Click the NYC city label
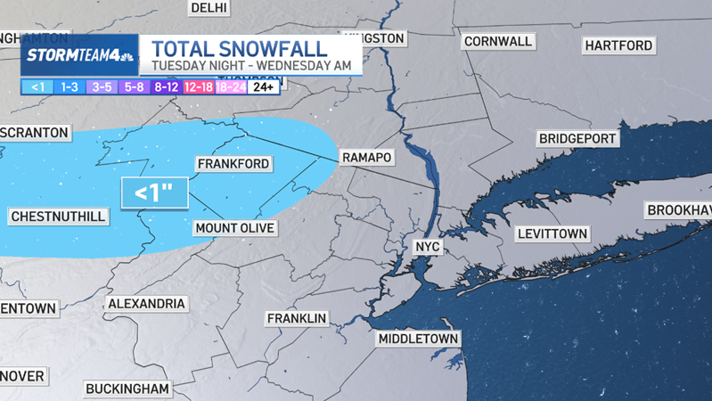pyautogui.click(x=428, y=246)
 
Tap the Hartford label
pyautogui.click(x=618, y=45)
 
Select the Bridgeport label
pyautogui.click(x=577, y=139)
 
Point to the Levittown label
pyautogui.click(x=552, y=233)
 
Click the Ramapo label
pyautogui.click(x=366, y=158)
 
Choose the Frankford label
pyautogui.click(x=233, y=164)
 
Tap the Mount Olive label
pyautogui.click(x=234, y=228)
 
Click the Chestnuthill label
pyautogui.click(x=58, y=217)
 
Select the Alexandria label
pyautogui.click(x=146, y=304)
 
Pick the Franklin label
pyautogui.click(x=298, y=318)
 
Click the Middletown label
pyautogui.click(x=418, y=339)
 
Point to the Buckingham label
pyautogui.click(x=127, y=389)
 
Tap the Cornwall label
pyautogui.click(x=497, y=41)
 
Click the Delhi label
pyautogui.click(x=209, y=8)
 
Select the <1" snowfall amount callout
pyautogui.click(x=154, y=192)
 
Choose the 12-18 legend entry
pyautogui.click(x=198, y=87)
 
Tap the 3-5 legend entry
pyautogui.click(x=102, y=87)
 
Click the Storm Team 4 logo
pyautogui.click(x=79, y=55)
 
